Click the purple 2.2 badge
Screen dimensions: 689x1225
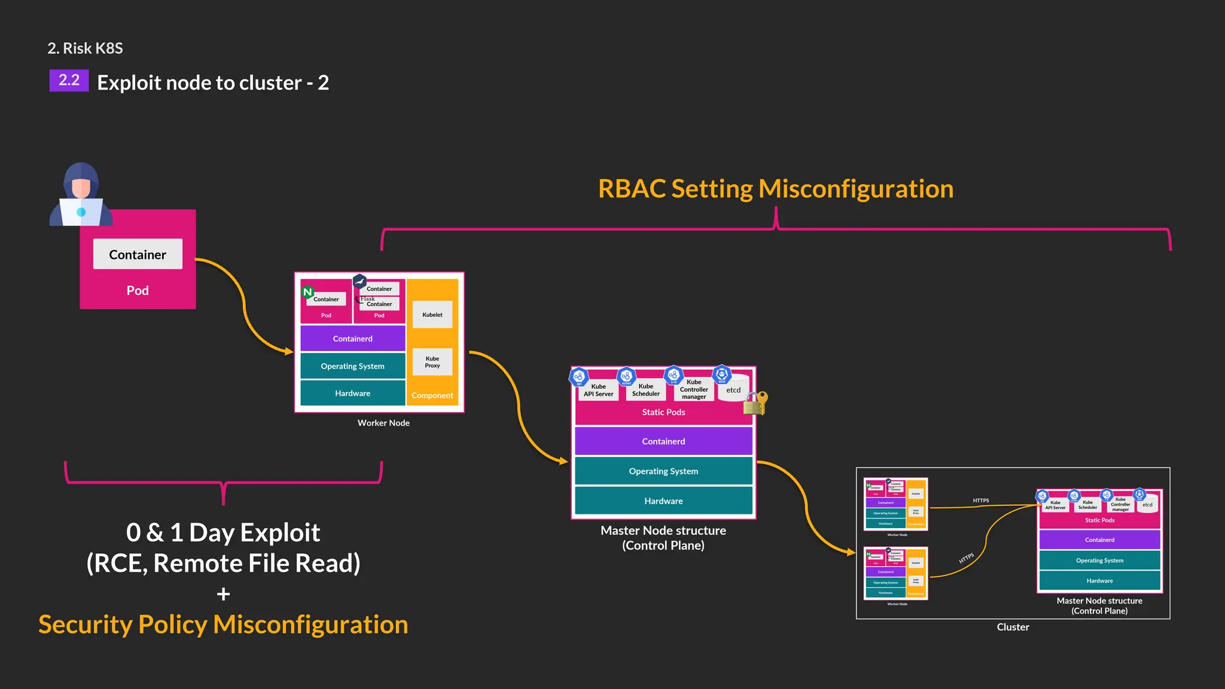pos(69,80)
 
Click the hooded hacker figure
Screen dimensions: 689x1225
pos(81,194)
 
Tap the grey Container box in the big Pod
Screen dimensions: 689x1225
pos(138,254)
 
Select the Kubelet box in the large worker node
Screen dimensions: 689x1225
pos(432,315)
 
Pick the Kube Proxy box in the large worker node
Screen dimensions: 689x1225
pos(432,362)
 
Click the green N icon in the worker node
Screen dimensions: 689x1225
pos(307,292)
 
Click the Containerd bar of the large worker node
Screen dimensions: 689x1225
pos(352,339)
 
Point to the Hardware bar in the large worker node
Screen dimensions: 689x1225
pos(352,393)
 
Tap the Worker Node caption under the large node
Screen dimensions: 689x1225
pos(383,423)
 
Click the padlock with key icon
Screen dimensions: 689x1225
pos(755,404)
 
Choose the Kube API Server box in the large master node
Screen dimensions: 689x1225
pos(598,390)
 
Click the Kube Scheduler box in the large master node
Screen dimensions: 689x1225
pos(646,390)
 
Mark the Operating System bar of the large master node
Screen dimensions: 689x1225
pos(663,471)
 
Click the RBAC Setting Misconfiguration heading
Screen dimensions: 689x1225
pos(776,188)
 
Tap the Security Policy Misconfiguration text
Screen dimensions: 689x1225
pos(223,624)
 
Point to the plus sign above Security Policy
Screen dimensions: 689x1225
pos(223,594)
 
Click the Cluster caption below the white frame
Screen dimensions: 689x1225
pos(1013,627)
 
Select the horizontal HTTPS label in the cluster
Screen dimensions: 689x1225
pos(981,500)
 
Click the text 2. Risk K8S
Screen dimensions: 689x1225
pos(85,48)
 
